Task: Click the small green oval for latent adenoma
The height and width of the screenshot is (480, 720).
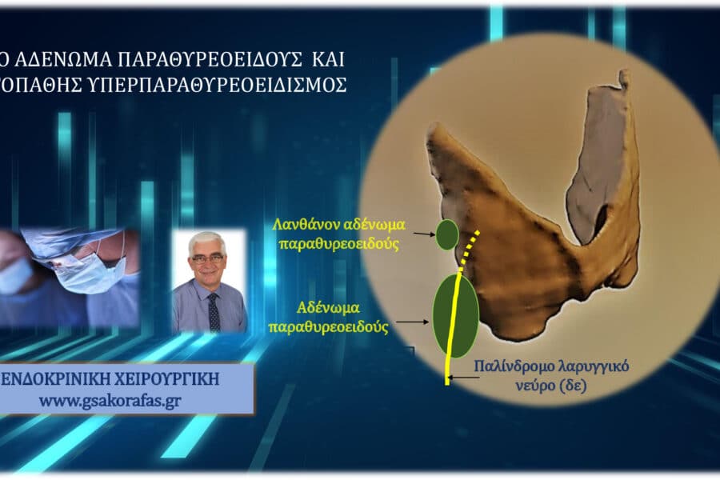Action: click(446, 234)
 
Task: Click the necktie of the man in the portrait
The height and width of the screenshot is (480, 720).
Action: click(213, 311)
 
